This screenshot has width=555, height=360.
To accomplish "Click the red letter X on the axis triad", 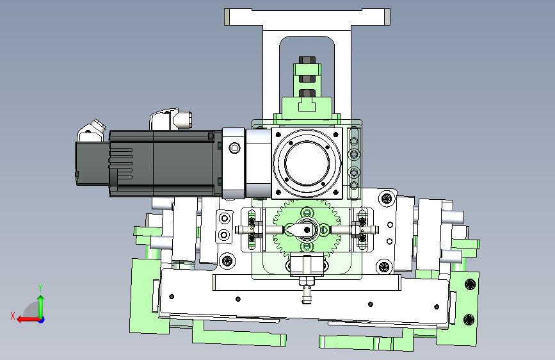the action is tap(13, 316).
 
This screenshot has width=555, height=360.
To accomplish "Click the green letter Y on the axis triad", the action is tap(40, 288).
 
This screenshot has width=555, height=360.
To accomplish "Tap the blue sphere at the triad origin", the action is tap(41, 320).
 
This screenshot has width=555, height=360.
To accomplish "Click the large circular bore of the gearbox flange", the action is tap(307, 163).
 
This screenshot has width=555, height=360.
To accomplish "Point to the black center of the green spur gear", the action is tap(307, 230).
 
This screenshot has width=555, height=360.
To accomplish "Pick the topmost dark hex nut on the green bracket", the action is tap(307, 60).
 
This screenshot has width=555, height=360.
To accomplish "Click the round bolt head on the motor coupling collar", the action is tap(234, 148).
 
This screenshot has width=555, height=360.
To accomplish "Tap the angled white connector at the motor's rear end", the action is tap(92, 129).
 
